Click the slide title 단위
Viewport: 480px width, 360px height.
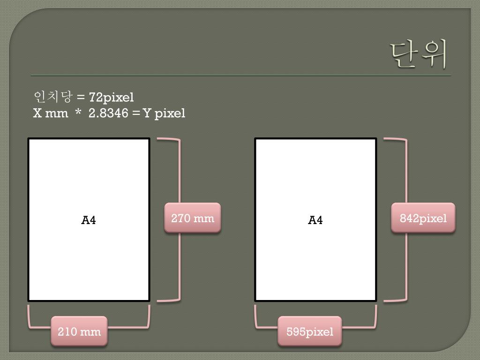coord(419,54)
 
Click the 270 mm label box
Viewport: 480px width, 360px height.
coord(192,218)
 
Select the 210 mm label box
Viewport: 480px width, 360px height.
coord(79,332)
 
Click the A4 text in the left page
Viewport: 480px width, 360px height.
coord(89,220)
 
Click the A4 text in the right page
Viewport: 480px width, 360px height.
coord(315,220)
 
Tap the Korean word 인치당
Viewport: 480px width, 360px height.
coord(53,97)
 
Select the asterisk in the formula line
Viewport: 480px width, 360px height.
coord(78,112)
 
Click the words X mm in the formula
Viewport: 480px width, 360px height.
coord(51,113)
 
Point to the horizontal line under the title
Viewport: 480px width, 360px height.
coord(241,75)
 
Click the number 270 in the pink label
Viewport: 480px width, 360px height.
coord(180,218)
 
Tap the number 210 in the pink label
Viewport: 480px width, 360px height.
coord(67,332)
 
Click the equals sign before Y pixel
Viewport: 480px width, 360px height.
coord(136,113)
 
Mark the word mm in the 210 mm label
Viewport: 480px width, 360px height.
coord(91,332)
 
